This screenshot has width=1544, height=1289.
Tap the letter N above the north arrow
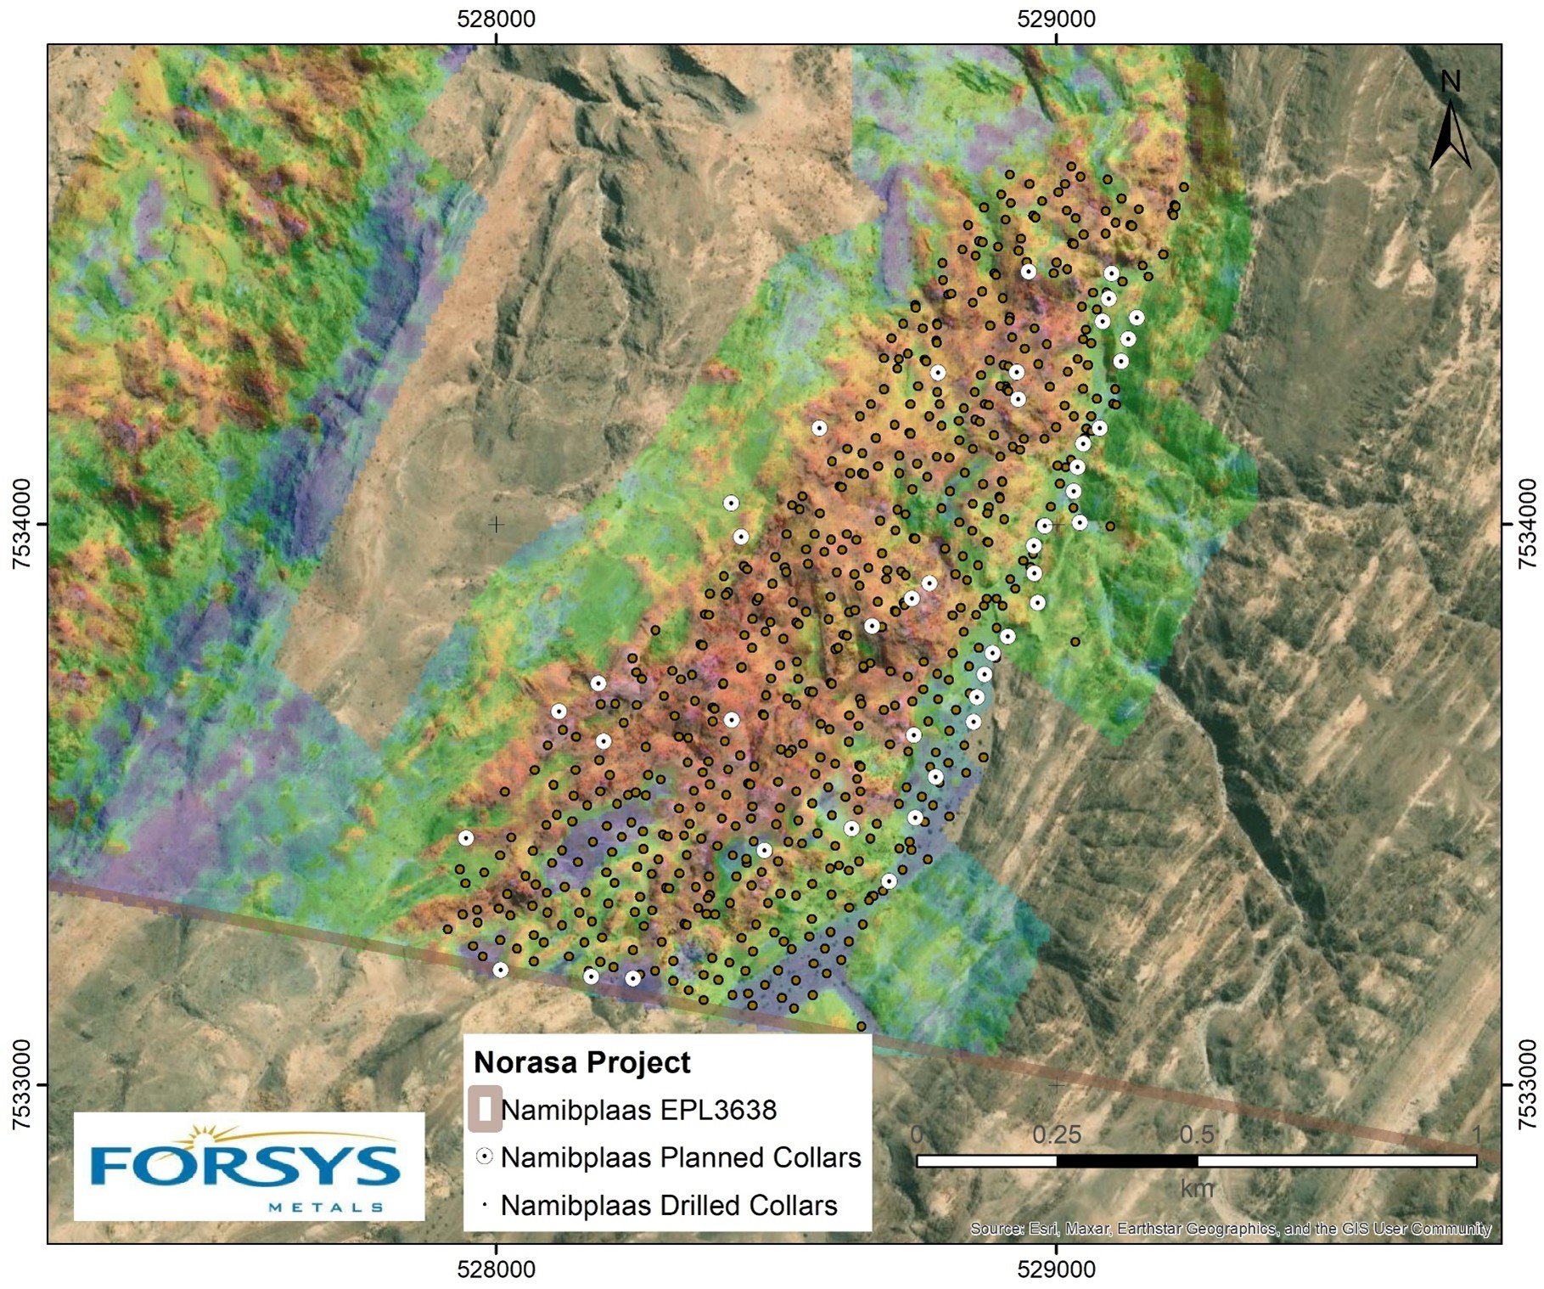1451,82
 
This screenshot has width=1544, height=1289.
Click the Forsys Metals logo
249,1166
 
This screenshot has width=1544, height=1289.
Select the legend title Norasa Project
581,1062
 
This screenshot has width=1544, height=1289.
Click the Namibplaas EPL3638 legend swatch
485,1109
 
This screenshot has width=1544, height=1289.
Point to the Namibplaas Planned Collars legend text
680,1157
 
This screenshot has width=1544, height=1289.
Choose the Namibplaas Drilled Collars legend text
668,1205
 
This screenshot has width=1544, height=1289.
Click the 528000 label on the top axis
496,19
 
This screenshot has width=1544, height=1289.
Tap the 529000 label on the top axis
1056,19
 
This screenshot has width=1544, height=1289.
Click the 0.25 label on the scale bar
1056,1134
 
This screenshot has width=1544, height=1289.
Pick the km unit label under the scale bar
1197,1189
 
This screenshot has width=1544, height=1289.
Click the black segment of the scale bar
1126,1161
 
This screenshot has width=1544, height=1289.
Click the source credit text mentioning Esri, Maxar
1230,1229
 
